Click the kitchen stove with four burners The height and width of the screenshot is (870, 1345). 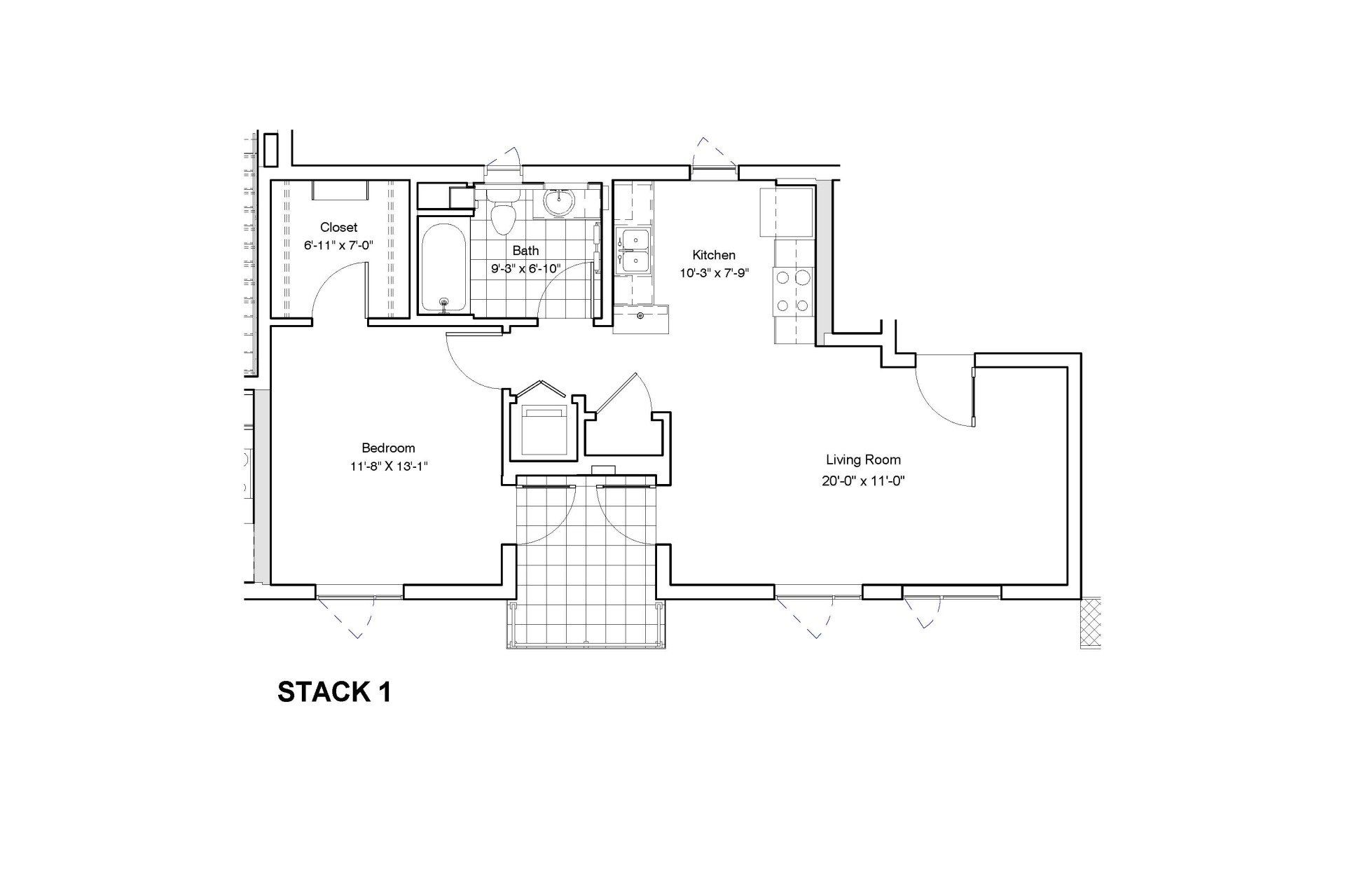pyautogui.click(x=792, y=291)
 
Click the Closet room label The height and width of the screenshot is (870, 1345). pyautogui.click(x=338, y=227)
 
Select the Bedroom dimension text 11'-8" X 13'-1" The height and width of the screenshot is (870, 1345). pyautogui.click(x=388, y=467)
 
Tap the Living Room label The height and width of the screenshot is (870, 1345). pyautogui.click(x=862, y=460)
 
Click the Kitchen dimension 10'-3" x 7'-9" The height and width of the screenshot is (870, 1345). pyautogui.click(x=714, y=273)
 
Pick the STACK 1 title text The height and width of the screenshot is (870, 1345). pyautogui.click(x=334, y=692)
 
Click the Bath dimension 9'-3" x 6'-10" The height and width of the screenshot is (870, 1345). pyautogui.click(x=525, y=267)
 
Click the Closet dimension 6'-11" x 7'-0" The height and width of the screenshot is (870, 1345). pyautogui.click(x=338, y=245)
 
